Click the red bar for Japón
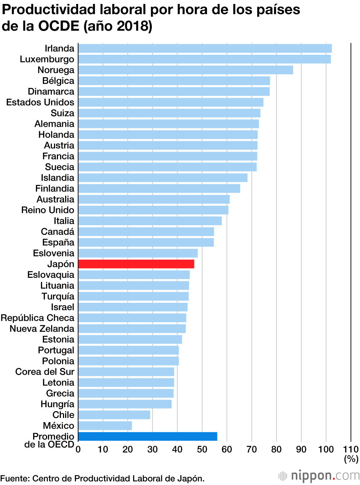pos(136,264)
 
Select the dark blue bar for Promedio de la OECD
pos(148,436)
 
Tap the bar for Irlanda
pos(205,49)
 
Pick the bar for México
pos(105,426)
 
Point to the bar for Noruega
pos(185,70)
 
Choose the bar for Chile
pos(114,415)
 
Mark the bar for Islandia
pos(163,178)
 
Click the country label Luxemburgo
pos(47,59)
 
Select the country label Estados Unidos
pos(40,102)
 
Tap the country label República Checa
pos(37,318)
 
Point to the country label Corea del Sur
pos(45,372)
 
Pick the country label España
pos(58,242)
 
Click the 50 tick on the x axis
pos(202,449)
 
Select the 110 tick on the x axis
pos(351,449)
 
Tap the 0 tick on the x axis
pos(78,449)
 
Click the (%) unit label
pos(351,459)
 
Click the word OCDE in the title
pos(59,26)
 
